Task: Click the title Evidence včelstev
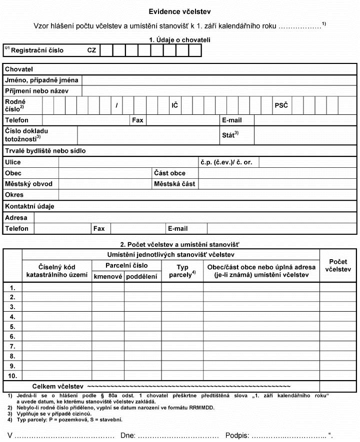click(x=179, y=11)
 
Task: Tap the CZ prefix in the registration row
click(x=91, y=50)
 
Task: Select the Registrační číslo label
click(x=37, y=50)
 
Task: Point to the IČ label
click(x=175, y=105)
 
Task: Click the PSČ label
click(x=280, y=105)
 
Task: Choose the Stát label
click(x=230, y=135)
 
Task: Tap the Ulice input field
click(x=128, y=162)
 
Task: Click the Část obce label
click(x=169, y=173)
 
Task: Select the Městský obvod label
click(x=28, y=184)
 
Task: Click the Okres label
click(x=14, y=195)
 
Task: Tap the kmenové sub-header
click(x=108, y=276)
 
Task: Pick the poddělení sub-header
click(x=142, y=276)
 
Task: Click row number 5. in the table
click(x=12, y=327)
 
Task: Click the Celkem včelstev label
click(x=57, y=387)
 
